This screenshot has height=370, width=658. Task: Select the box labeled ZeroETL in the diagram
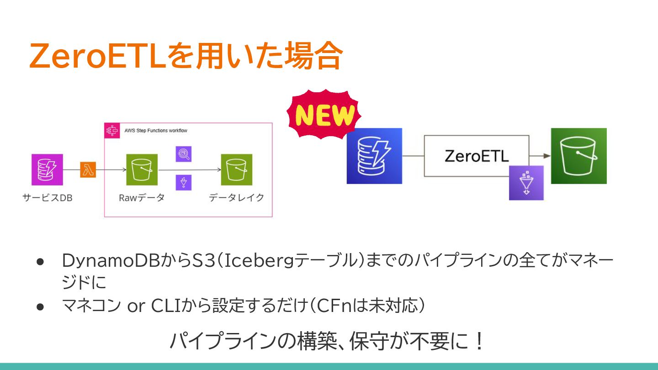point(476,156)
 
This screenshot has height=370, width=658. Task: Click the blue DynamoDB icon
point(374,156)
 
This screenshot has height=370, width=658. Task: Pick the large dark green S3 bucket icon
point(578,156)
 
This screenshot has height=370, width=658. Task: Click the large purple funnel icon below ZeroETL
point(526,183)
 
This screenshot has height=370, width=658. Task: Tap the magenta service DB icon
point(47,169)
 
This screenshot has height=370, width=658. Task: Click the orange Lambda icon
point(88,169)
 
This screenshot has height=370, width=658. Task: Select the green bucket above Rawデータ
point(142,169)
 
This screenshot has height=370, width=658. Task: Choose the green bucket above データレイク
point(236,169)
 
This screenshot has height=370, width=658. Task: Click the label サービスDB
point(47,198)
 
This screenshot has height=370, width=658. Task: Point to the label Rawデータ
point(142,198)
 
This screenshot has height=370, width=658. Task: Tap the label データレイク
point(237,198)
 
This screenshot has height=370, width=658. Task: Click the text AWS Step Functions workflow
point(156,131)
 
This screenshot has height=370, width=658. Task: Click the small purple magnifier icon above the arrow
point(184,154)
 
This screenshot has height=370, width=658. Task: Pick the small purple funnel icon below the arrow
point(184,183)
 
